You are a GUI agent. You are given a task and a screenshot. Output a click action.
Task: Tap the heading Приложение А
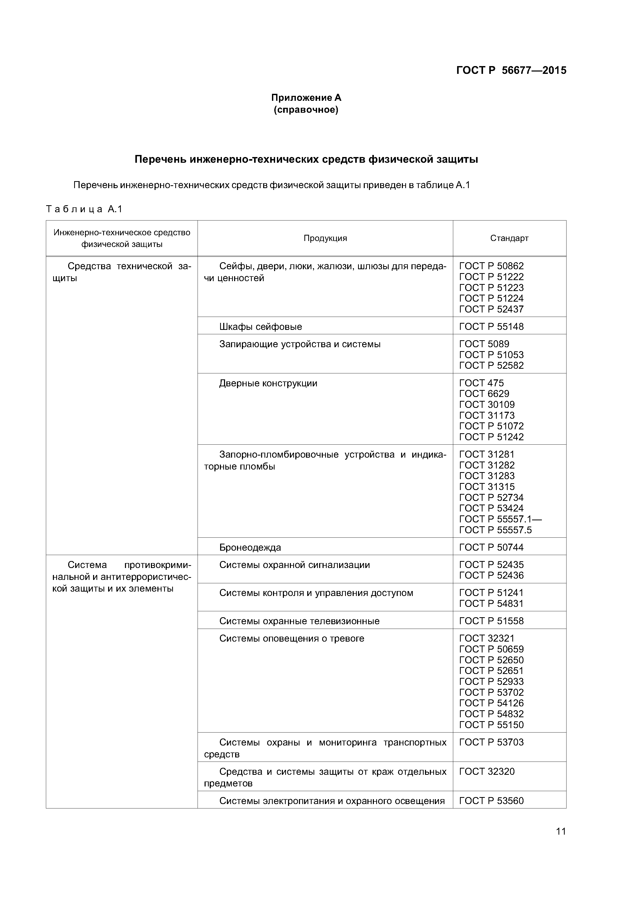click(306, 97)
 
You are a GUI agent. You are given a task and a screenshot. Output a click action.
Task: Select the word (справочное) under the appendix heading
click(306, 110)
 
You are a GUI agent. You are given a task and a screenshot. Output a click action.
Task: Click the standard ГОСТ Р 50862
click(491, 266)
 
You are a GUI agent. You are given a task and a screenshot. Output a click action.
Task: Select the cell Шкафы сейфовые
click(260, 326)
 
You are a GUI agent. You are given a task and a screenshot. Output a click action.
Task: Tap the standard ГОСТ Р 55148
click(491, 326)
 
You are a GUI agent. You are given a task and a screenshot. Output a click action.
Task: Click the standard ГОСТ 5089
click(484, 344)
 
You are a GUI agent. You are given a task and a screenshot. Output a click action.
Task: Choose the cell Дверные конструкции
click(268, 383)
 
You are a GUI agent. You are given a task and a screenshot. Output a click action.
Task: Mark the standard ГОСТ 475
click(481, 383)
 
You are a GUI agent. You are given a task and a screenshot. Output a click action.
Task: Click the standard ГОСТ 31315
click(487, 487)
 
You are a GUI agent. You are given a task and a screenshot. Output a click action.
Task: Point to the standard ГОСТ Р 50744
click(491, 548)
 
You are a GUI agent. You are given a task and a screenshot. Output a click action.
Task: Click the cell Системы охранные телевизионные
click(299, 621)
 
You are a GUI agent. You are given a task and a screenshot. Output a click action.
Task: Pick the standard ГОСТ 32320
click(487, 772)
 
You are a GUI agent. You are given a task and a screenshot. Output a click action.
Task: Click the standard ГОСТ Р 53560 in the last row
click(491, 801)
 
